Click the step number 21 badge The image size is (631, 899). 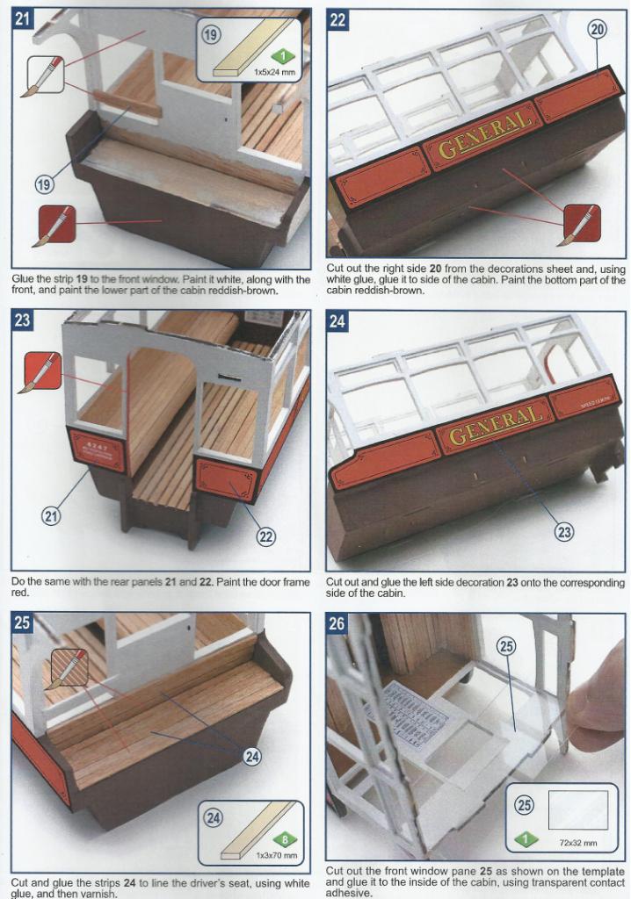(x=22, y=18)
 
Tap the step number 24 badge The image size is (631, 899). (x=337, y=321)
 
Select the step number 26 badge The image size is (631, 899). (x=337, y=622)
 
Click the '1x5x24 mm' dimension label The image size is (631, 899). (x=274, y=73)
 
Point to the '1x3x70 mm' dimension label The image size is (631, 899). (x=277, y=855)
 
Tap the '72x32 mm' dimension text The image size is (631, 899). (x=578, y=843)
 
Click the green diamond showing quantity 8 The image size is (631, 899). (x=284, y=840)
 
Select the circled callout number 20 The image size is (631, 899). (x=597, y=29)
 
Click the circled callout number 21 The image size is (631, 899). (x=51, y=516)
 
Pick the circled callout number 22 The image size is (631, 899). (x=265, y=536)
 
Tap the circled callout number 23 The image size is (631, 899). (x=564, y=532)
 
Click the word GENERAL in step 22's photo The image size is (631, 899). (x=482, y=134)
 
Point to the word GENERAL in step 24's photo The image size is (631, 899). (x=495, y=425)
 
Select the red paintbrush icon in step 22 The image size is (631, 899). (x=581, y=225)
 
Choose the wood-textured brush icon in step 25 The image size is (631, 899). (x=69, y=668)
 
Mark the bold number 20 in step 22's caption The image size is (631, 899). (x=435, y=269)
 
